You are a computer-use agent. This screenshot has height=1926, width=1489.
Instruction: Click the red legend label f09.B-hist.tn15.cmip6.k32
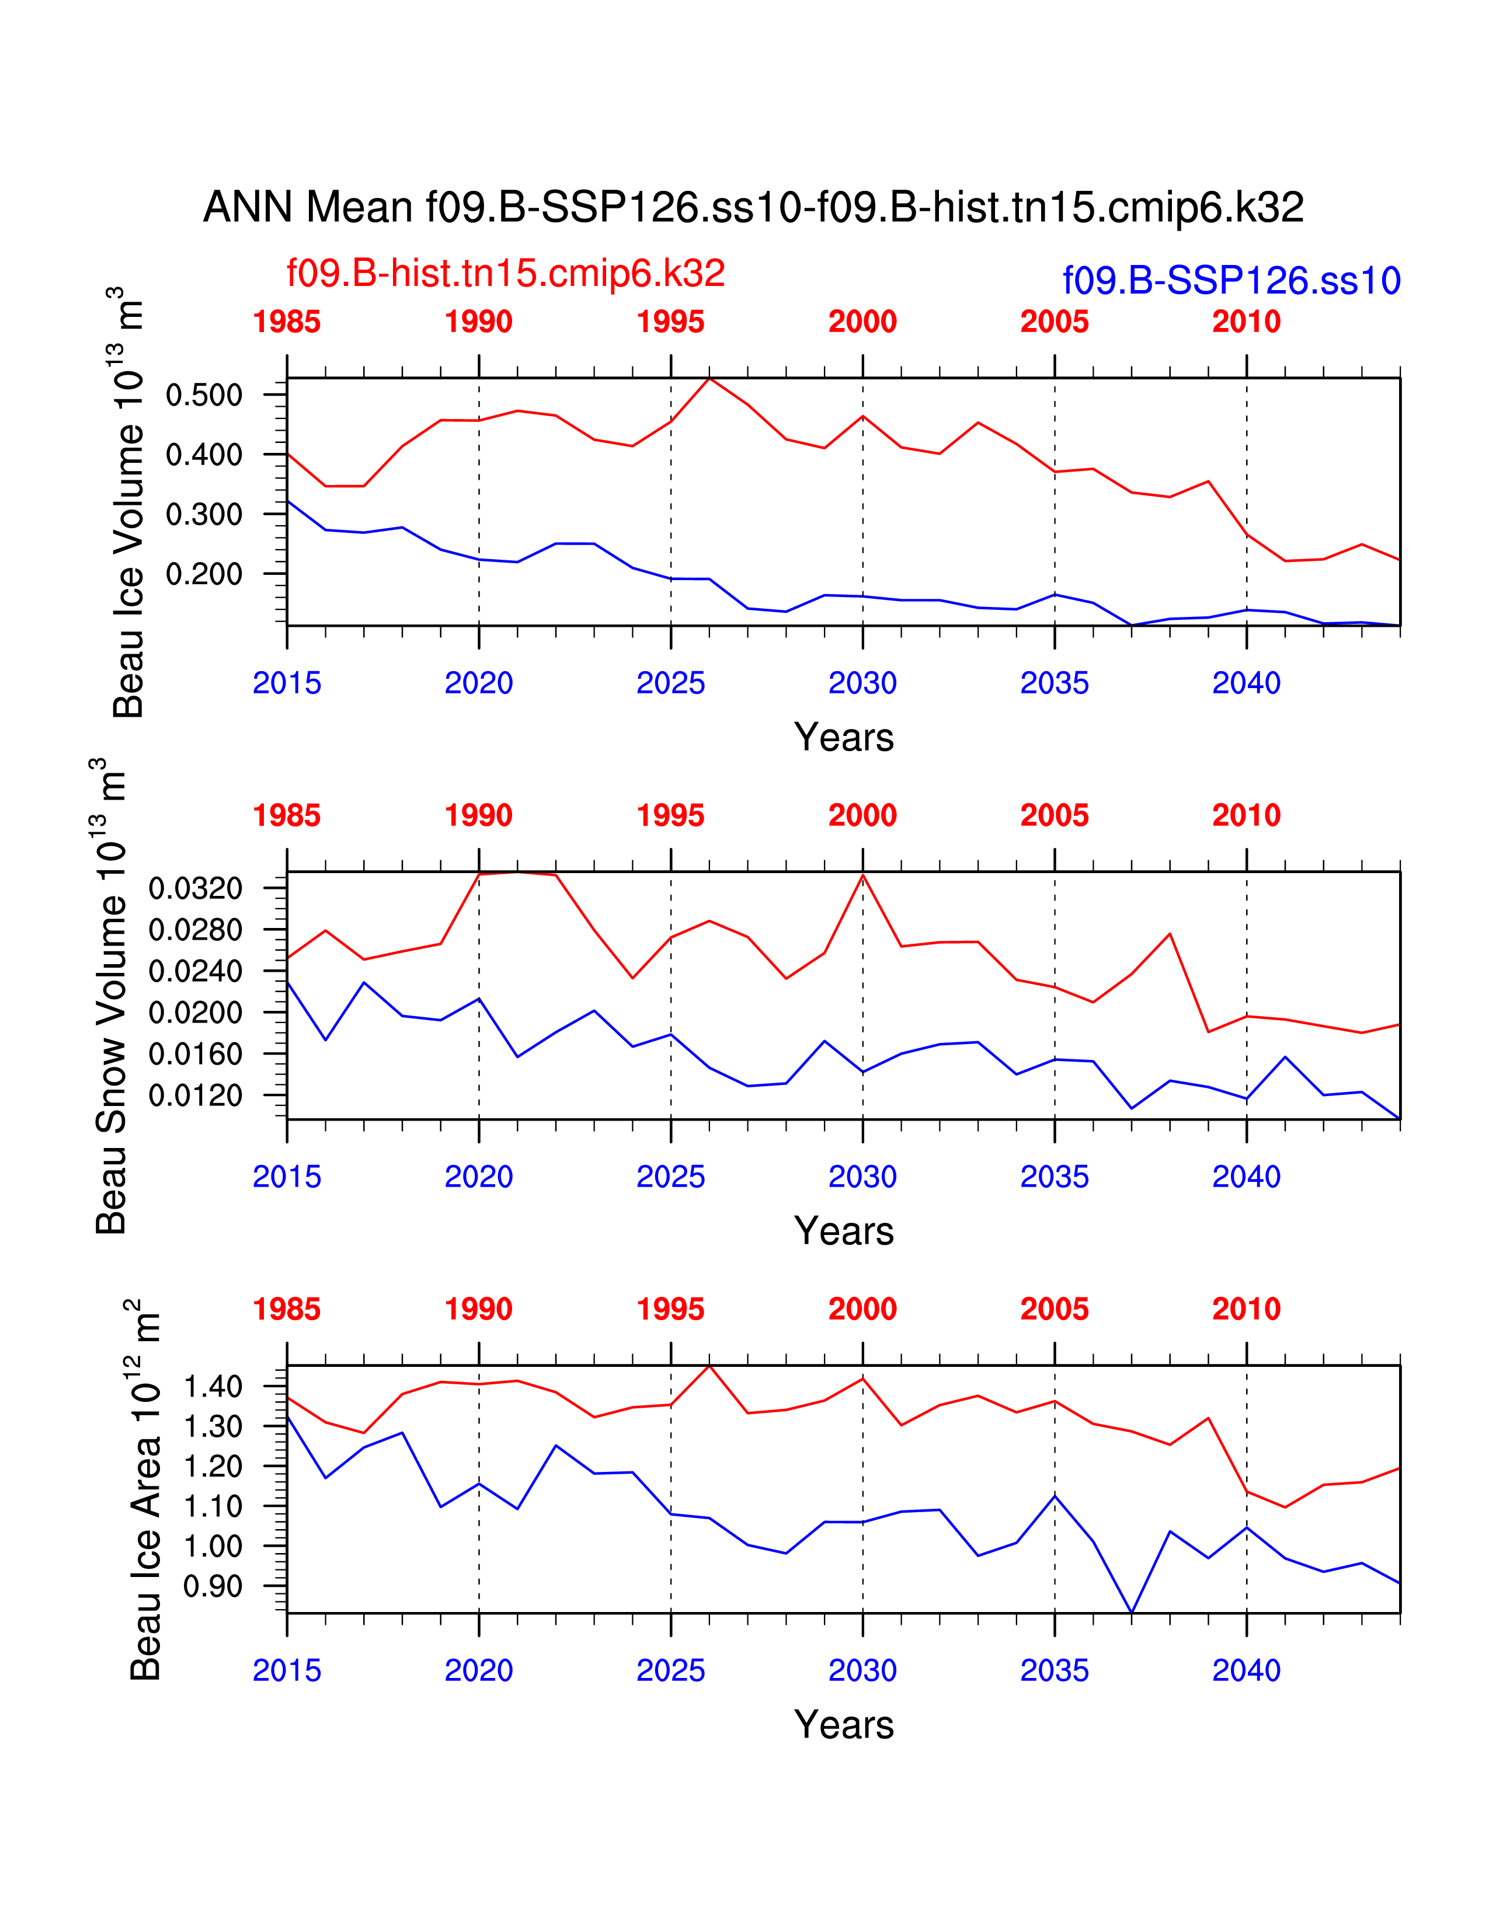click(x=506, y=273)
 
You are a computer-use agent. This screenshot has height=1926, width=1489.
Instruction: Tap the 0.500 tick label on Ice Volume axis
click(x=204, y=395)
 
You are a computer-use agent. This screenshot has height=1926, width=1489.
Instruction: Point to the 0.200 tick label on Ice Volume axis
click(x=204, y=574)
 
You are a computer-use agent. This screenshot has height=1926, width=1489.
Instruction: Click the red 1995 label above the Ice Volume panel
click(x=670, y=322)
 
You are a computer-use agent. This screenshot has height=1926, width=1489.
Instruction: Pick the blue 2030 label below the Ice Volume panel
click(x=862, y=683)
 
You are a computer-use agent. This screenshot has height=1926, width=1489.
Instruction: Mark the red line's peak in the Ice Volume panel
click(x=710, y=378)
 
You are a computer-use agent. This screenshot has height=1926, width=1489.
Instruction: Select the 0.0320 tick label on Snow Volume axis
click(x=195, y=888)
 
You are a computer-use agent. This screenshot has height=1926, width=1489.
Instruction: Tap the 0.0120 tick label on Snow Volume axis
click(x=195, y=1095)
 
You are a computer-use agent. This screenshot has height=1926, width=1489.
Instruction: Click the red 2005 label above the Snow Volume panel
click(x=1054, y=816)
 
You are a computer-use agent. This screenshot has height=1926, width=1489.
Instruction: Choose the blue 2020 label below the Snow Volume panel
click(x=478, y=1177)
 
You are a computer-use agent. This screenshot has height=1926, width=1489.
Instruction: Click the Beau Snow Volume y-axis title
click(x=110, y=996)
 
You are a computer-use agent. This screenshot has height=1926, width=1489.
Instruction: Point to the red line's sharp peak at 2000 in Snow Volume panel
click(x=862, y=875)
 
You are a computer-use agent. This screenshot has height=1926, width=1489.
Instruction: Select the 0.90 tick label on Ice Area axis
click(x=213, y=1586)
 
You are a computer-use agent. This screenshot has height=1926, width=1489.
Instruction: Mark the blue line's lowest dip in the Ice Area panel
click(x=1132, y=1612)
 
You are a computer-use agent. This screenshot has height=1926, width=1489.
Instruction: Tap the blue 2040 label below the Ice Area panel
click(x=1246, y=1670)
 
